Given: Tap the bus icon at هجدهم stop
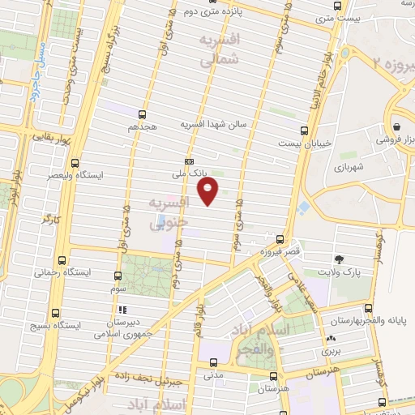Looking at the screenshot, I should click(143, 114).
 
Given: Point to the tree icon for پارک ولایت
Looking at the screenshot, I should click(338, 259).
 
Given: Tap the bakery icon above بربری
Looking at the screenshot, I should click(330, 339).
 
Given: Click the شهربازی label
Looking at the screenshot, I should click(348, 168).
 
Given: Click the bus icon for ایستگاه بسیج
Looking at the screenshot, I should click(55, 313).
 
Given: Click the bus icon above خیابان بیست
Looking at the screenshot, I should click(305, 130).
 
